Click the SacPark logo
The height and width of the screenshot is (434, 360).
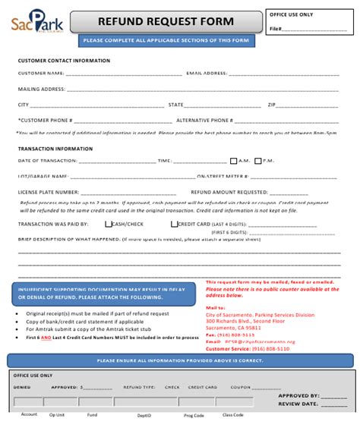(x=39, y=25)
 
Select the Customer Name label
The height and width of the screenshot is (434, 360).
(x=41, y=74)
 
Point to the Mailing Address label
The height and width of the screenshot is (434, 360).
(x=41, y=90)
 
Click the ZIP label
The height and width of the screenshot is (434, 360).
(x=270, y=105)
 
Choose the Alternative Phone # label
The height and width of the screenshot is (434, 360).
(x=204, y=120)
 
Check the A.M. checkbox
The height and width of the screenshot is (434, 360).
(x=234, y=161)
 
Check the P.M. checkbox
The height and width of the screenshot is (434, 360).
(x=258, y=161)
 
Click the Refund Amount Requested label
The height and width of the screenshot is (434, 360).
(x=229, y=193)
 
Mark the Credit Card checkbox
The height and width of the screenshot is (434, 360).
(x=174, y=224)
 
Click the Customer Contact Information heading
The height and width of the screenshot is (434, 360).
(x=64, y=61)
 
